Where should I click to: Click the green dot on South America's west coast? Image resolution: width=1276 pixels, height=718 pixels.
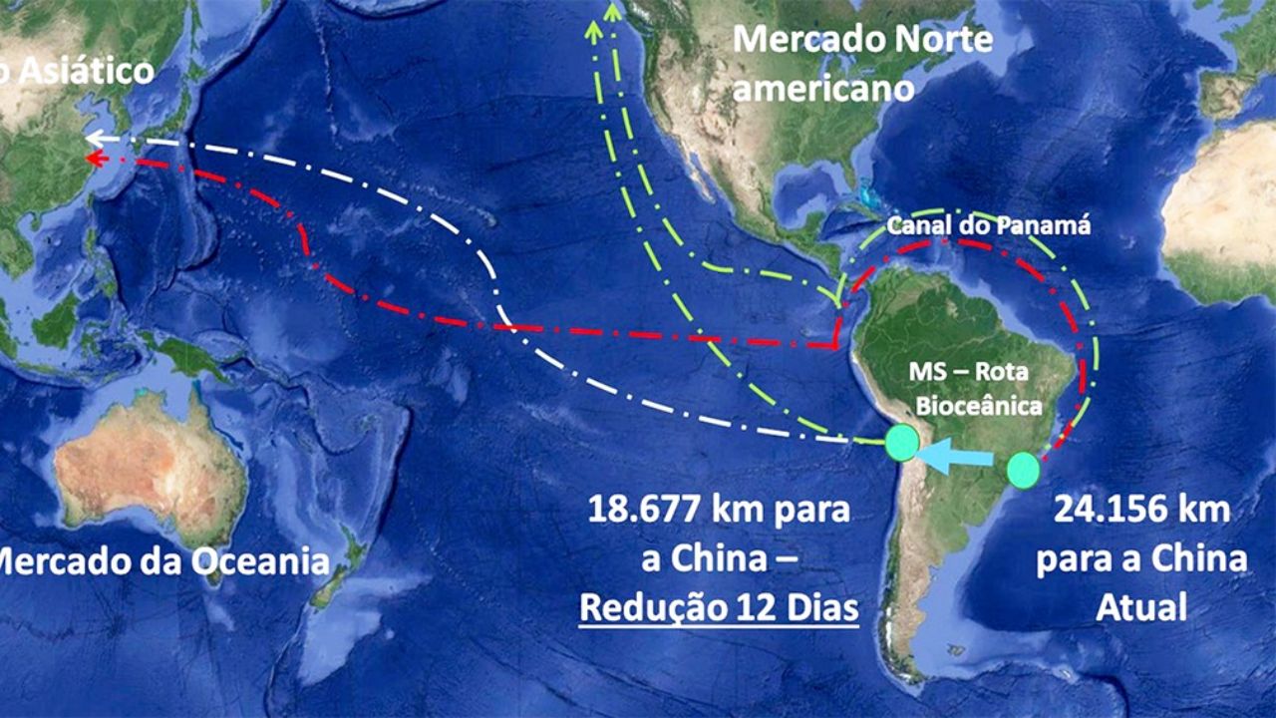[902, 442]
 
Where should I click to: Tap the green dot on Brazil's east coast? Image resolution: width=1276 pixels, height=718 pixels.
[1023, 470]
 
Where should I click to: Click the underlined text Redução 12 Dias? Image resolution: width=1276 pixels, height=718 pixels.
[719, 607]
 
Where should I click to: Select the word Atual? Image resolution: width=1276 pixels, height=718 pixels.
[1141, 607]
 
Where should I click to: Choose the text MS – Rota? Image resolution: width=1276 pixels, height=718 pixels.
[968, 373]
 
